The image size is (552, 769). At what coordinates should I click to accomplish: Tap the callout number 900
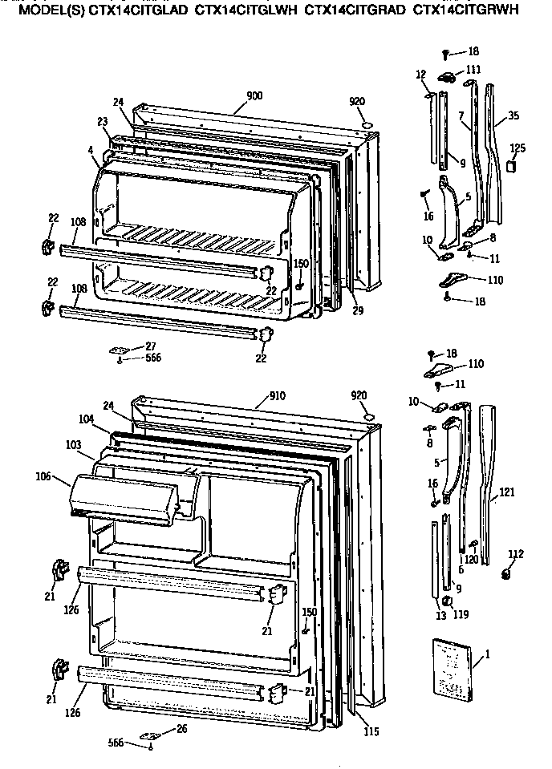254,96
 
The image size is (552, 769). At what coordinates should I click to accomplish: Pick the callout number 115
371,731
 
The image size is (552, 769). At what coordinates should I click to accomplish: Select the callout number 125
517,149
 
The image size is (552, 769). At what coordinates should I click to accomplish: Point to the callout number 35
513,115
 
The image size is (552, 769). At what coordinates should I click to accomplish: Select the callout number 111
474,70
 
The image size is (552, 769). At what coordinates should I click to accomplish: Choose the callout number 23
103,122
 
